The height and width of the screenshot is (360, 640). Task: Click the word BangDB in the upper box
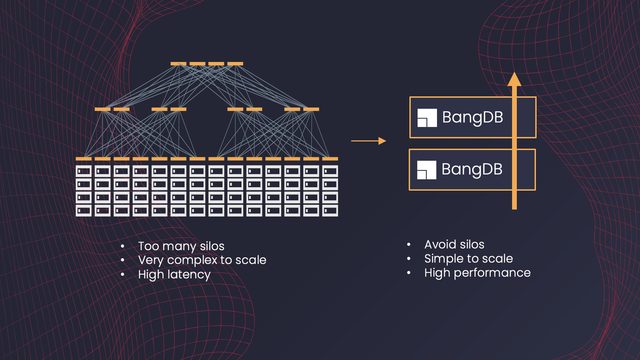coord(472,117)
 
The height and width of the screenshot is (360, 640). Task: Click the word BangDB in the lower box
coord(472,170)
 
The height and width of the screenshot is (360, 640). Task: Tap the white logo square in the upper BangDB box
coord(427,118)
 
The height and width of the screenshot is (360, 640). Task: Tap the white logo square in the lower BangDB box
coord(427,170)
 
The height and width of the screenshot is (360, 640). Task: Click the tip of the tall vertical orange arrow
coord(514,75)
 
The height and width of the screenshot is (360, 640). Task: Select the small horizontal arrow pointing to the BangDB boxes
coord(369,141)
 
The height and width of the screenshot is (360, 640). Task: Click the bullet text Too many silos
coord(181,246)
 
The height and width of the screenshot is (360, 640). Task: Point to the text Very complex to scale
coord(202,260)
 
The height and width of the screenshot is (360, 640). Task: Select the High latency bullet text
coord(174,275)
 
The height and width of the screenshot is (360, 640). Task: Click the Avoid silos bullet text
coord(454,244)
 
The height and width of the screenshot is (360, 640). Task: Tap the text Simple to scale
coord(468,259)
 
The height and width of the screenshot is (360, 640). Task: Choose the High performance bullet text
coord(477,273)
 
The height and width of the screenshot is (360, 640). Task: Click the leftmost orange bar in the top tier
coord(178,64)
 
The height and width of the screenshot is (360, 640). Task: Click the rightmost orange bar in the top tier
coord(235,64)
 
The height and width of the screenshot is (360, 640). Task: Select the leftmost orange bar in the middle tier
coord(103,109)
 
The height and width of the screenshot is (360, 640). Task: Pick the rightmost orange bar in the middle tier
coord(311,109)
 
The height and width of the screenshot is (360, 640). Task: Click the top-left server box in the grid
coord(84,171)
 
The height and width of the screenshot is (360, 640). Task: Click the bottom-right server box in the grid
coord(330,211)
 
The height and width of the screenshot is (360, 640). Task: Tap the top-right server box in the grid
coord(330,171)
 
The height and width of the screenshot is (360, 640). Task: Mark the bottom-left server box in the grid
coord(84,211)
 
